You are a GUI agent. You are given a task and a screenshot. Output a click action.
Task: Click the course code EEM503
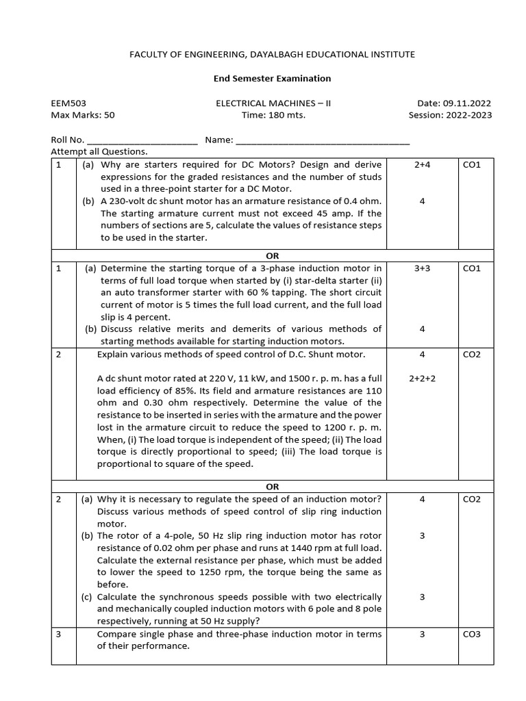click(68, 103)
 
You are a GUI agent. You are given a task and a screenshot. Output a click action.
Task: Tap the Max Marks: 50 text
click(82, 115)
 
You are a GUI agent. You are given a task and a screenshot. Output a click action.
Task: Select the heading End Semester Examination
click(273, 79)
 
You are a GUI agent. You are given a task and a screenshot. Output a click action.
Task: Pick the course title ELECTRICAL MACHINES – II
click(273, 103)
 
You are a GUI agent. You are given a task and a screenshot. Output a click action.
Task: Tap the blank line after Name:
click(323, 140)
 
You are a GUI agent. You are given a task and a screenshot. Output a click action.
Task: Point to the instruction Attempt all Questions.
click(99, 151)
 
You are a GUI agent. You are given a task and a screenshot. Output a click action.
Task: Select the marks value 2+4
click(422, 165)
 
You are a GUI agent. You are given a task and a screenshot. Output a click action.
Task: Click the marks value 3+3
click(422, 268)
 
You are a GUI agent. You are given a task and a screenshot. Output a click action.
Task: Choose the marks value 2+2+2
click(422, 379)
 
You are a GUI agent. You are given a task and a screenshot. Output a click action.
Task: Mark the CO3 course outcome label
click(472, 634)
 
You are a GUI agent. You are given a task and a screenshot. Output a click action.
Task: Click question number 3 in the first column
click(59, 634)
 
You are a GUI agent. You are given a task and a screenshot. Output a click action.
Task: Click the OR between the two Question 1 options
click(272, 255)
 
